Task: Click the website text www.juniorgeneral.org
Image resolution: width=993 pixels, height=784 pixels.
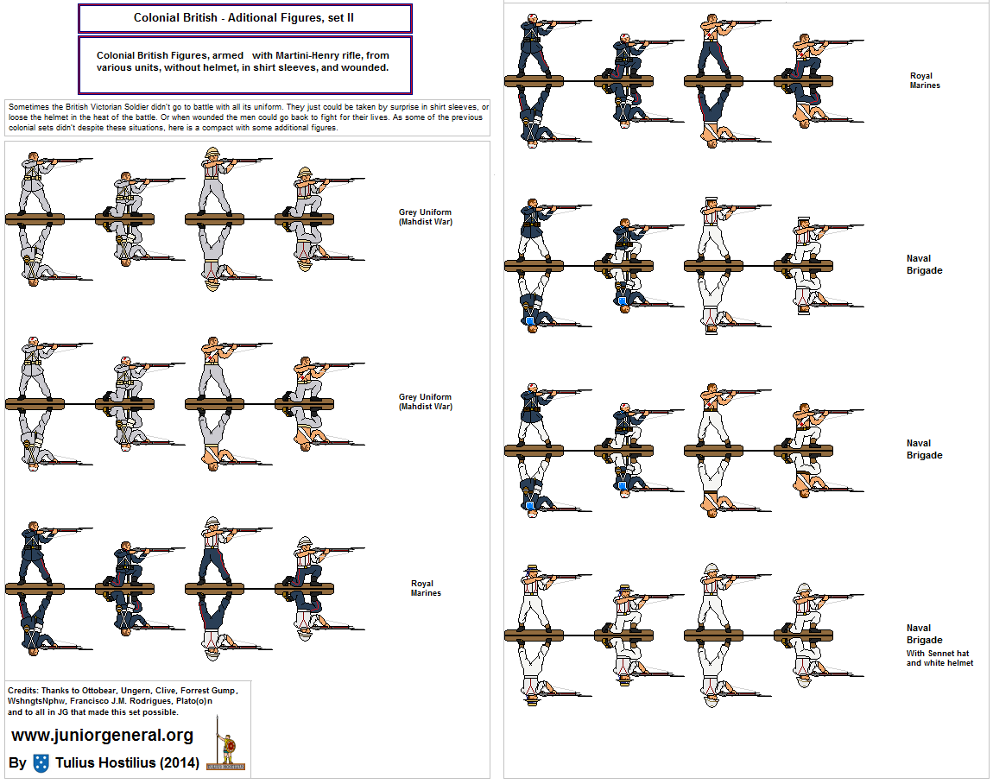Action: (103, 736)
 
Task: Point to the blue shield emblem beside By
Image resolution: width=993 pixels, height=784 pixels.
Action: (41, 763)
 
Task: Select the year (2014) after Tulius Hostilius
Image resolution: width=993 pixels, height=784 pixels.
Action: (180, 763)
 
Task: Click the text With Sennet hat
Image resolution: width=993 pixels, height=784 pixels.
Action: (937, 654)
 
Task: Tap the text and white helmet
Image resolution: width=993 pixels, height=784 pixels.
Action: (939, 663)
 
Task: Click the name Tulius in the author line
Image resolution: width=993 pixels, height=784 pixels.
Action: (76, 763)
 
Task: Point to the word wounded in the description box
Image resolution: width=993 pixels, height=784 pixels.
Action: (364, 67)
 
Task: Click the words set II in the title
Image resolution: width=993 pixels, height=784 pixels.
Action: (341, 18)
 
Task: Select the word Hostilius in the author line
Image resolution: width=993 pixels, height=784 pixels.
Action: (128, 763)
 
